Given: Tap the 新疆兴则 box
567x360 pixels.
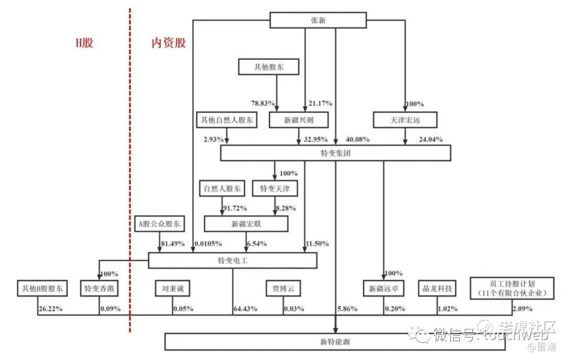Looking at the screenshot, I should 298,120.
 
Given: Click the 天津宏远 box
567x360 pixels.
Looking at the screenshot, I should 404,120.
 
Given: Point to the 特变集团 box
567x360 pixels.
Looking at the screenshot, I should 335,153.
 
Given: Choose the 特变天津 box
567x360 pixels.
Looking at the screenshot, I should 275,188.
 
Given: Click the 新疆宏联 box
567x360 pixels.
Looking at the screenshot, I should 246,224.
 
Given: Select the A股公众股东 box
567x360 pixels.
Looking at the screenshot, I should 159,224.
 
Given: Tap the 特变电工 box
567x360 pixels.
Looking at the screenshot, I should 232,261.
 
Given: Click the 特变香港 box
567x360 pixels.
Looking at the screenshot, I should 100,288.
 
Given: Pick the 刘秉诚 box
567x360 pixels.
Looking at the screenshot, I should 173,288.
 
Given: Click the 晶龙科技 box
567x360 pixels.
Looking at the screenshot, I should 437,288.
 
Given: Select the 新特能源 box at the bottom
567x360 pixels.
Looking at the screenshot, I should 335,342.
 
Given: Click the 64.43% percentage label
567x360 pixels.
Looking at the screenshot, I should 245,309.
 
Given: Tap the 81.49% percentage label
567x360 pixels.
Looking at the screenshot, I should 174,243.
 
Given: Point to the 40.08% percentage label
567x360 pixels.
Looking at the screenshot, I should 358,140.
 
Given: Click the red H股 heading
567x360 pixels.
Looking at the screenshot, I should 84,43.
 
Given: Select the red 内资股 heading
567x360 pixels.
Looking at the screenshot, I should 169,43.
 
